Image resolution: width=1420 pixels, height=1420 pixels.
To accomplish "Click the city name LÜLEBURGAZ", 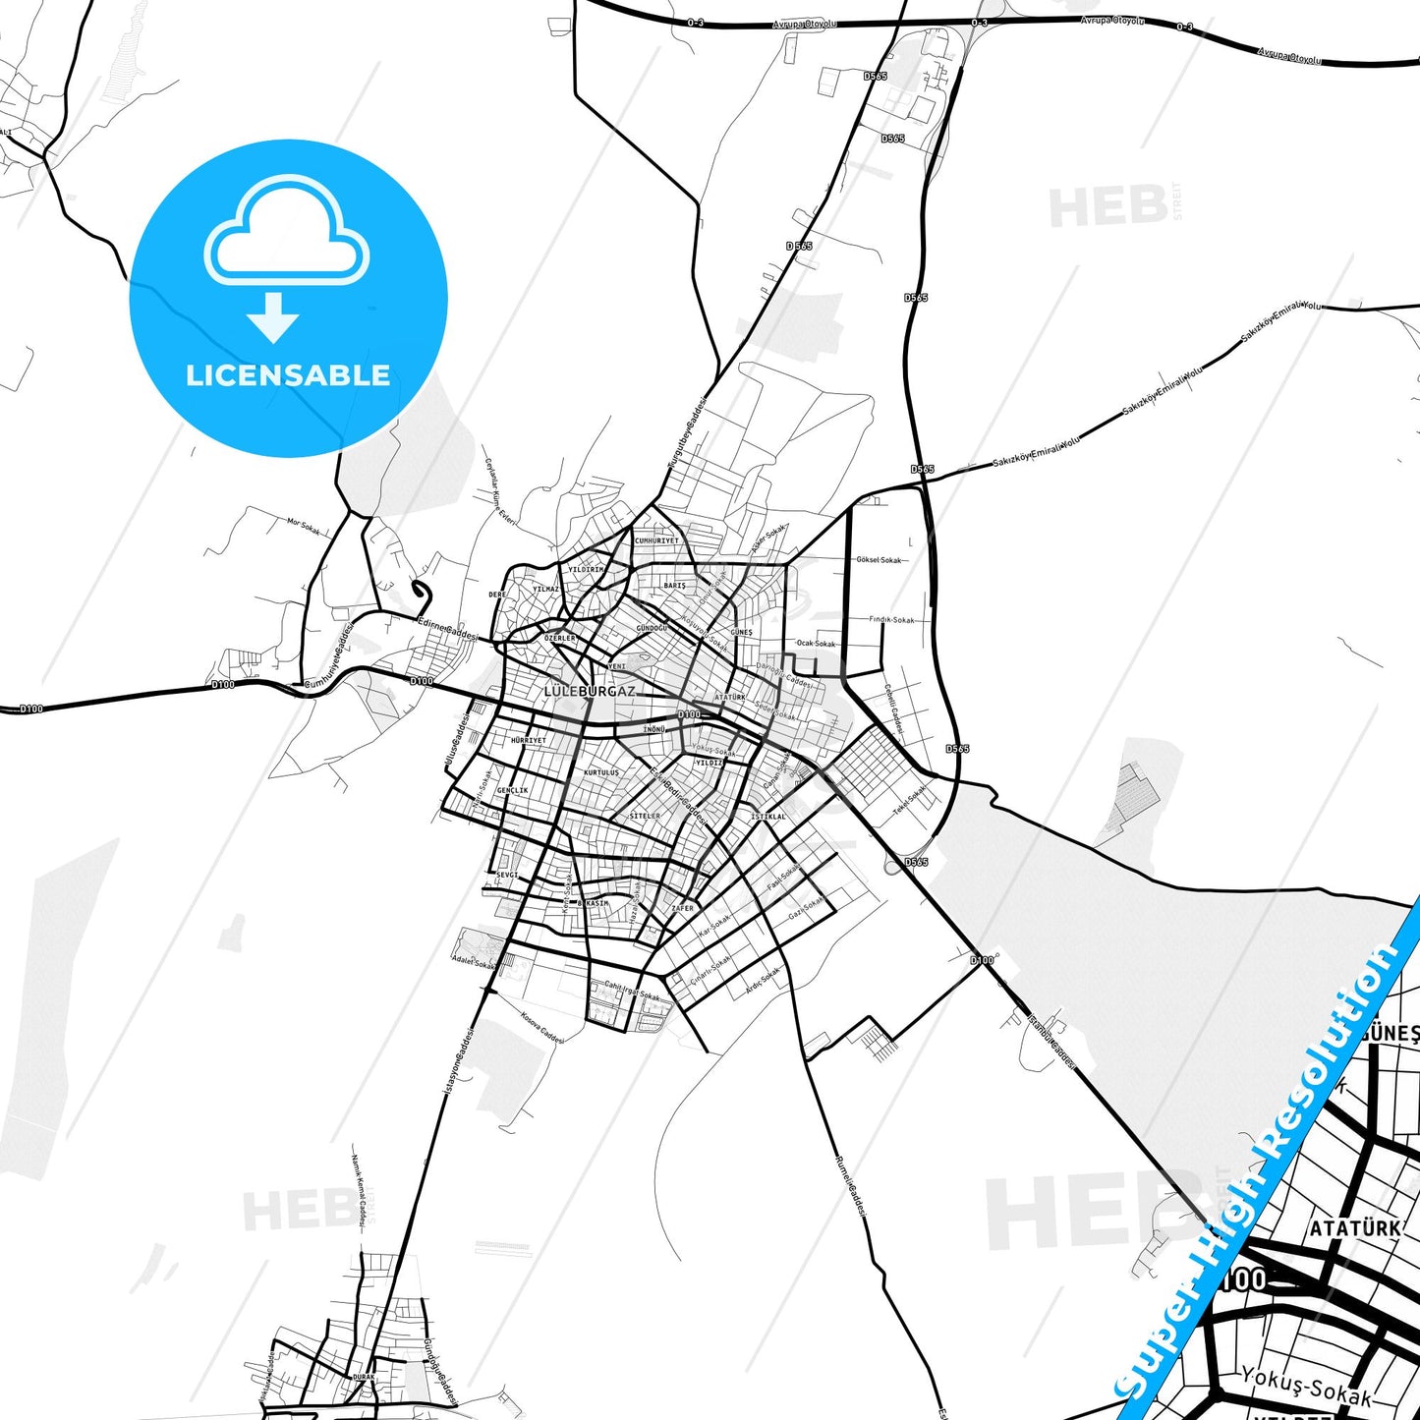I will (x=590, y=692).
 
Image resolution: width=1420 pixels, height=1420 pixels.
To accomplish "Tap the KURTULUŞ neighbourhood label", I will (x=601, y=772).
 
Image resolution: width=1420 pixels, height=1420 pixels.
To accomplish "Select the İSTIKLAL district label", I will (x=768, y=817).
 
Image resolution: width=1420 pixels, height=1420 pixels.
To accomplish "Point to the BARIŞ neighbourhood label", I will (x=674, y=586).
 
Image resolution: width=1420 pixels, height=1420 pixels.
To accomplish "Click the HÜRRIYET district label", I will (x=528, y=740).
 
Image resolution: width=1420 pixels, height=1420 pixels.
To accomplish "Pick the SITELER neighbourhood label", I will (x=645, y=816).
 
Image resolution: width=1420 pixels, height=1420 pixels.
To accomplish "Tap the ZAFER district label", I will (x=682, y=909).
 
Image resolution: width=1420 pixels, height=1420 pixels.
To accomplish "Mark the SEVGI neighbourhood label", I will (x=506, y=875).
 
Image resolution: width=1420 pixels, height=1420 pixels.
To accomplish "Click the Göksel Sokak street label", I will (x=879, y=560).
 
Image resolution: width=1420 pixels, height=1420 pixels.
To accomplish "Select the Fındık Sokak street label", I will (x=891, y=620).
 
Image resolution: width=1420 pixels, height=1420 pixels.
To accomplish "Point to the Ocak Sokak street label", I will (x=816, y=644).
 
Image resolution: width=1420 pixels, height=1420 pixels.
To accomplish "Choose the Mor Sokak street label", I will (x=304, y=526).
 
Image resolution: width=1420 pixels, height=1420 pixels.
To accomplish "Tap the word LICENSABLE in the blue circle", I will (x=288, y=375).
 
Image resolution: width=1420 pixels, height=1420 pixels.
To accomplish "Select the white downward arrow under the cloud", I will (x=274, y=317).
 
